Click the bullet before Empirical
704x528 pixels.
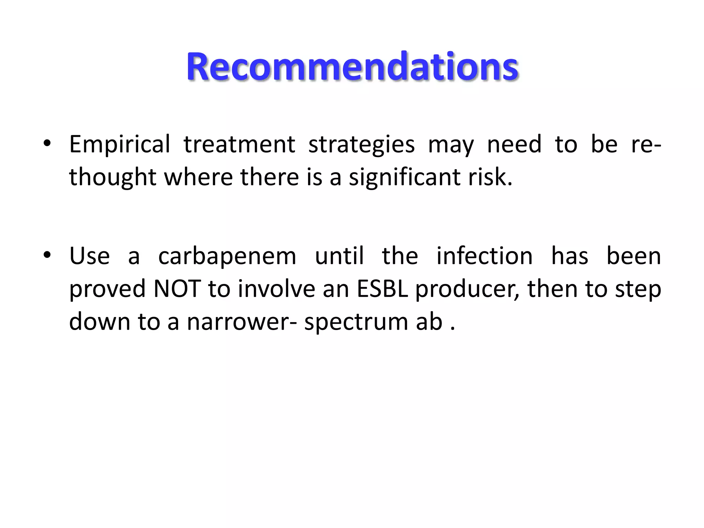(47, 143)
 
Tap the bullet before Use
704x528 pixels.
(47, 255)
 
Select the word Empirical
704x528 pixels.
(120, 144)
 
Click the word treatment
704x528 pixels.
(239, 144)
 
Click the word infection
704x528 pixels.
(485, 256)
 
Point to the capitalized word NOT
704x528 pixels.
(177, 289)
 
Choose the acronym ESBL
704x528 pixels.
(383, 289)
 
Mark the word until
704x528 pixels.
(339, 256)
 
